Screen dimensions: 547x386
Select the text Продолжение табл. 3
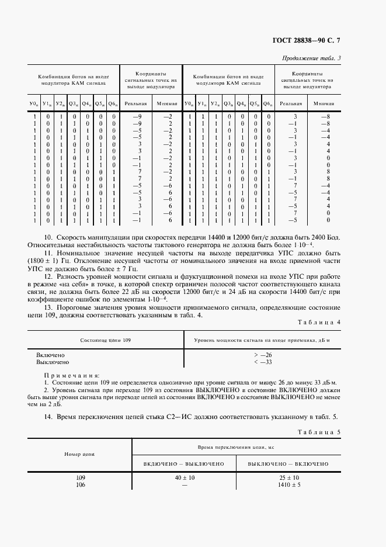coord(311,58)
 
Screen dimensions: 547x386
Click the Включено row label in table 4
coord(50,355)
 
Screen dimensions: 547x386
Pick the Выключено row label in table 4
coord(53,362)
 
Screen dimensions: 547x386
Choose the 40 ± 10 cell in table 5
coord(184,477)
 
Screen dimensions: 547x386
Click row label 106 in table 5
coord(81,484)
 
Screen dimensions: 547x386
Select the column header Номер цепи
coord(81,453)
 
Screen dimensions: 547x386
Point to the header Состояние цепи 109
coord(106,340)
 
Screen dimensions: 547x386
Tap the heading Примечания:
coord(72,376)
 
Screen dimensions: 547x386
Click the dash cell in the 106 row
coord(184,484)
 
